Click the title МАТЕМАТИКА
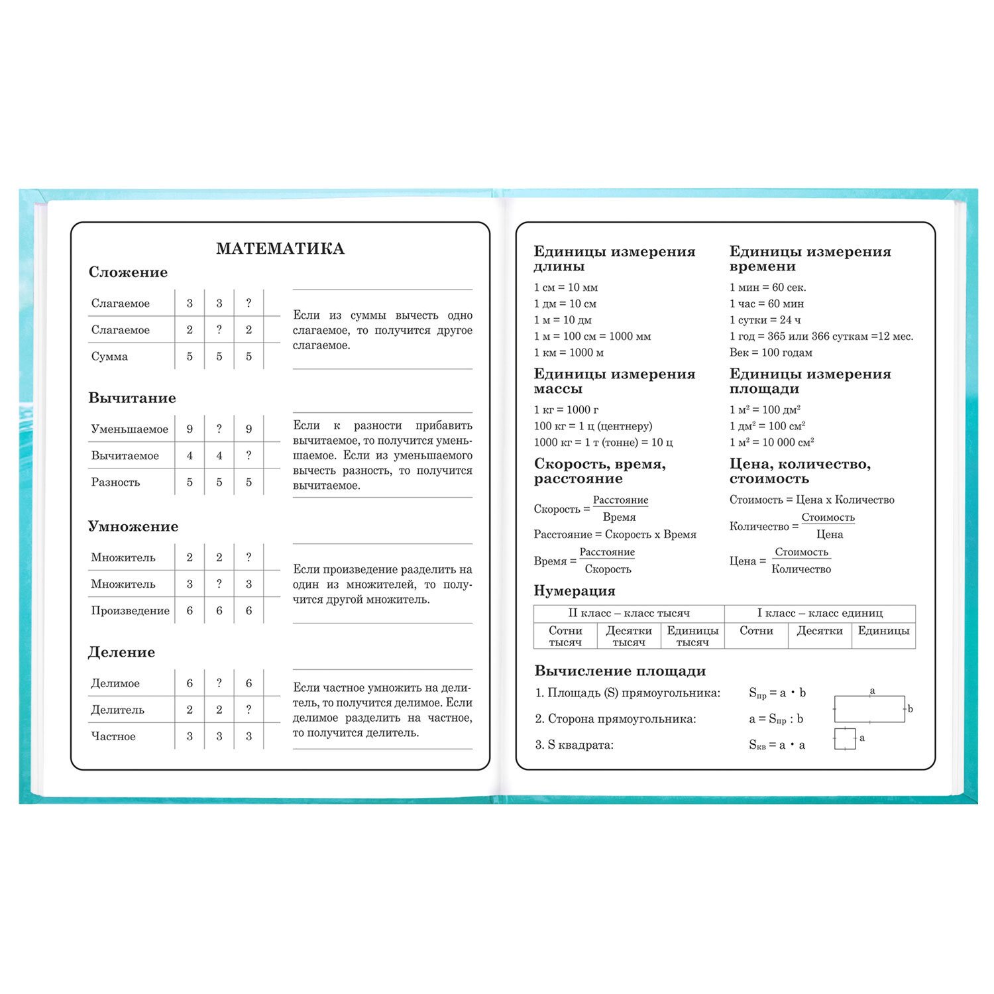280,249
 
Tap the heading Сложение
128,272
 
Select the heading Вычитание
132,398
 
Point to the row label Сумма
109,357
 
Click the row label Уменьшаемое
129,429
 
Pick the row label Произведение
130,611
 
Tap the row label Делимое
115,683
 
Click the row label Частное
113,736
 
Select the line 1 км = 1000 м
569,353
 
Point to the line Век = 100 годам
770,353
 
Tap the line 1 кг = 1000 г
566,410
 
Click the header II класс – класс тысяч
629,614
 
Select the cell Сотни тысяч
565,636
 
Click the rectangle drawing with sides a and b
869,708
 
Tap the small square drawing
844,739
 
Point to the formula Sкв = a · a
777,745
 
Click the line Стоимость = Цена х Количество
812,500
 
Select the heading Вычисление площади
620,671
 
